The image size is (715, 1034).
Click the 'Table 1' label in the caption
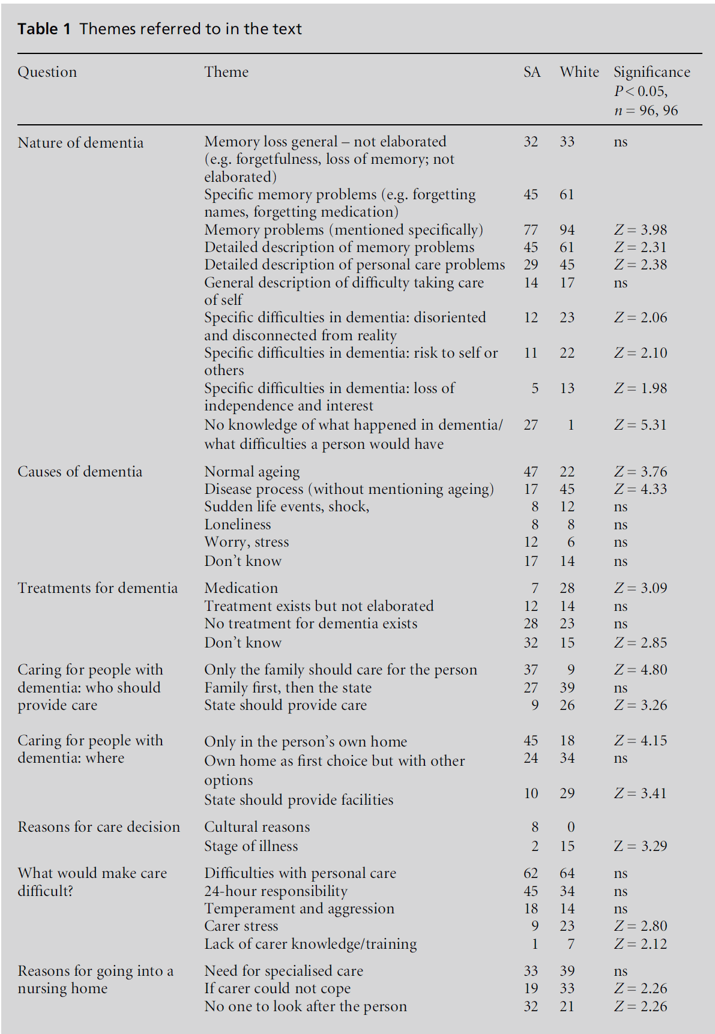click(38, 29)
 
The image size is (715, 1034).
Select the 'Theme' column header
click(226, 72)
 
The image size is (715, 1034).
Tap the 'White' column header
click(579, 72)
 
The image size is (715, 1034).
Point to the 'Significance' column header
click(651, 72)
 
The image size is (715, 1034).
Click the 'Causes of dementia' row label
click(80, 472)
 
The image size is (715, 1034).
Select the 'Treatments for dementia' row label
click(97, 588)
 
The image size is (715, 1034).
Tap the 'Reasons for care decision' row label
click(98, 827)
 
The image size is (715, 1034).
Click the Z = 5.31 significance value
click(640, 425)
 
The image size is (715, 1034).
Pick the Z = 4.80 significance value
click(640, 670)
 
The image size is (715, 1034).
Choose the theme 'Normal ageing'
click(252, 472)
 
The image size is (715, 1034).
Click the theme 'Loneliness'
click(237, 525)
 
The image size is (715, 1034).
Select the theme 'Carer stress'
click(241, 926)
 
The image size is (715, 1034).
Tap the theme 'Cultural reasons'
click(257, 827)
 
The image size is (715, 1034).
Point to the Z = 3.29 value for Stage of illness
click(640, 846)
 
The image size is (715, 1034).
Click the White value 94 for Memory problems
click(567, 230)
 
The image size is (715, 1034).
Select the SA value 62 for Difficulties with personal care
click(531, 873)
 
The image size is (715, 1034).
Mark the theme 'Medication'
click(241, 588)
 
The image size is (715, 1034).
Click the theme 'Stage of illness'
click(251, 846)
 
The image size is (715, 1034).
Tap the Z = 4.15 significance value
click(640, 741)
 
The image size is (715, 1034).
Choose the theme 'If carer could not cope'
click(277, 988)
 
